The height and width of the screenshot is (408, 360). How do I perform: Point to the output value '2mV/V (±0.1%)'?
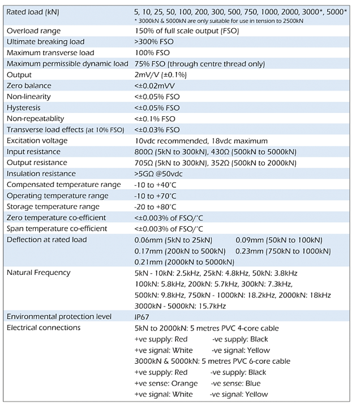[x=161, y=75]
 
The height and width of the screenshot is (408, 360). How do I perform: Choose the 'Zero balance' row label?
[x=29, y=86]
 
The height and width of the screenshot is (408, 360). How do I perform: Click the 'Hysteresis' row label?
[x=24, y=108]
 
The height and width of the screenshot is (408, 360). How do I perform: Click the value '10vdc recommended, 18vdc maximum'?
[x=200, y=141]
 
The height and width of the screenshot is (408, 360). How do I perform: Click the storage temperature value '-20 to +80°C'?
[x=156, y=207]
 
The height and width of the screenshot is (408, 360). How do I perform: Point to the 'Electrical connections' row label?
[x=43, y=328]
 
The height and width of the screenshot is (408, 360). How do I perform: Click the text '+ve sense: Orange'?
[x=166, y=383]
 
